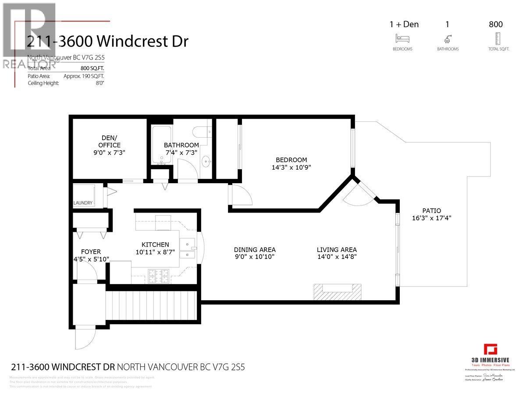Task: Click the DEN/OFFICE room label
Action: tap(109, 142)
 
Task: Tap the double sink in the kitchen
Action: tap(189, 249)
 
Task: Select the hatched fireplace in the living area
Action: tap(338, 292)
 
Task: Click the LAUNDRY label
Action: tap(83, 203)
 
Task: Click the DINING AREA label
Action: tap(255, 250)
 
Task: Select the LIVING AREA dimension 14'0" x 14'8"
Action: tap(337, 257)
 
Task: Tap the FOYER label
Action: tap(91, 252)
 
